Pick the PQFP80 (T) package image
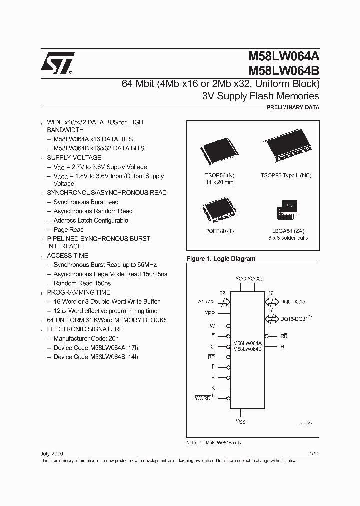(218, 209)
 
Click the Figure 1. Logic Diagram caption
(220, 259)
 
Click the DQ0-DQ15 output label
(293, 302)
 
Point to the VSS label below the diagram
(241, 421)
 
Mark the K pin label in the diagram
(213, 388)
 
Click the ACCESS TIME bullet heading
(67, 255)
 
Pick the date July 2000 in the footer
(51, 452)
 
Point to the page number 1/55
(314, 452)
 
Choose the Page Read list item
(68, 230)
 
